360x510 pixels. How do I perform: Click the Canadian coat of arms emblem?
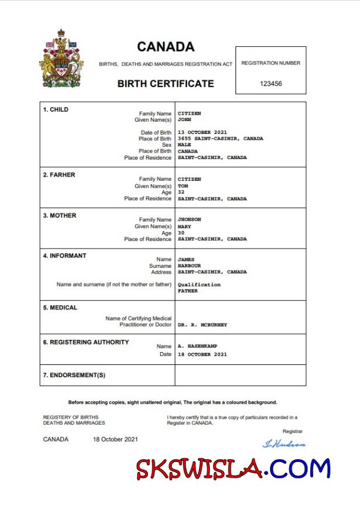[61, 59]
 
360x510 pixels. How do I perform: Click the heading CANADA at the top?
[165, 47]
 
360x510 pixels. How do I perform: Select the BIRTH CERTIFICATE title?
[165, 84]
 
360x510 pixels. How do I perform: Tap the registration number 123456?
[271, 84]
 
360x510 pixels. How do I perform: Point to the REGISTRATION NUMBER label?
[271, 63]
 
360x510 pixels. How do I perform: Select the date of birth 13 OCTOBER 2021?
[202, 133]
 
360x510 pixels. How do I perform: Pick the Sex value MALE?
[184, 145]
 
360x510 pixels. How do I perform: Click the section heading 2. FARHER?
[59, 175]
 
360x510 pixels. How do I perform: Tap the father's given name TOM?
[182, 186]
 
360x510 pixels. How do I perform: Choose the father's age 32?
[181, 192]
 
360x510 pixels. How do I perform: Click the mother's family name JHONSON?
[189, 220]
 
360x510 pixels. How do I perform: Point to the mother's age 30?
[181, 233]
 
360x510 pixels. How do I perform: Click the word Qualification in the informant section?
[199, 285]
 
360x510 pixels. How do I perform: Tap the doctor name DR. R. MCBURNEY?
[202, 325]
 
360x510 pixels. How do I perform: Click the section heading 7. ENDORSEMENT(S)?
[74, 375]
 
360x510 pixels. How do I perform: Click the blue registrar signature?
[284, 444]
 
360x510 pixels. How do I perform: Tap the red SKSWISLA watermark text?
[199, 468]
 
